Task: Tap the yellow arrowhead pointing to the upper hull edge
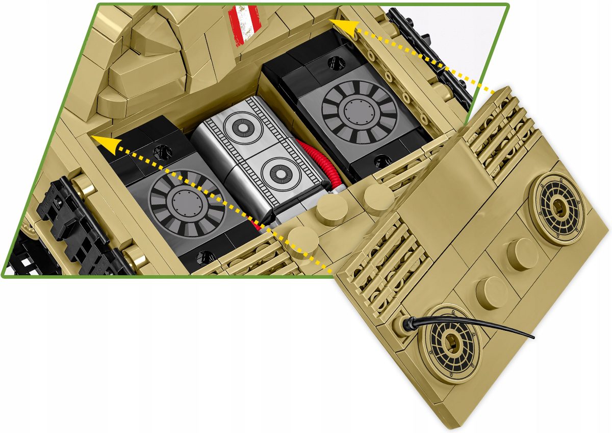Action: (339, 23)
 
